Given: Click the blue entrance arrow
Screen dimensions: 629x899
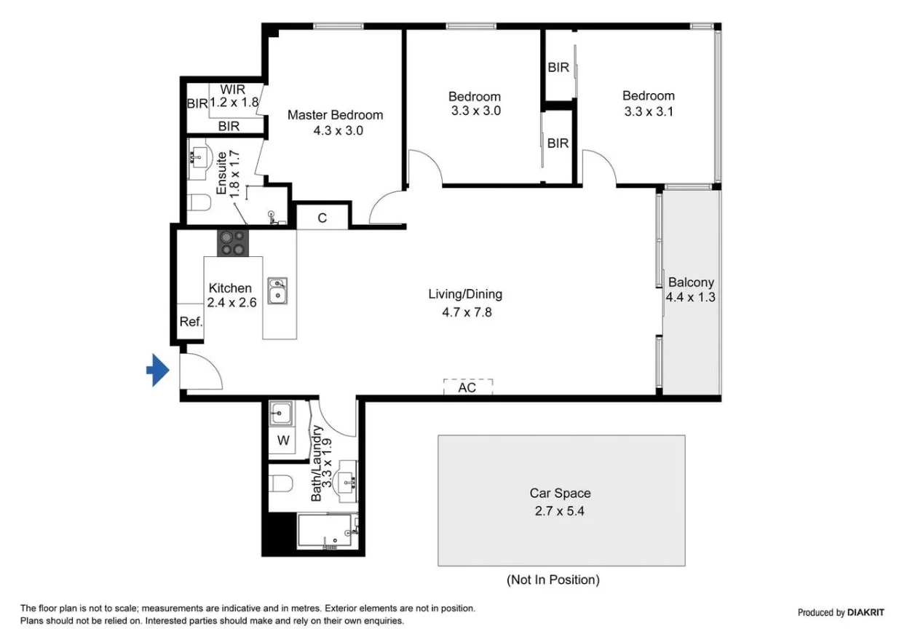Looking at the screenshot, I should (157, 371).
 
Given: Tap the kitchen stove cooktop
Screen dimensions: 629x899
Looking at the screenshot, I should (233, 242).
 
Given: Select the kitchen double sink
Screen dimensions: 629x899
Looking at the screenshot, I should (277, 290).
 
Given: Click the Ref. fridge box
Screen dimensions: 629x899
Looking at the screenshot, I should (190, 322).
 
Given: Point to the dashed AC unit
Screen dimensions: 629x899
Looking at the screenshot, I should (467, 387).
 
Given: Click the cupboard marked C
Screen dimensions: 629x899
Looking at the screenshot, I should (322, 218).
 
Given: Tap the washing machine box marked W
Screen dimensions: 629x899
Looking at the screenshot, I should (282, 440).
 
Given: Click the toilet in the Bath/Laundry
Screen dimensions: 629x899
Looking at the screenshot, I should (280, 483).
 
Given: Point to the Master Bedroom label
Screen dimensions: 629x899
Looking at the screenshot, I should (335, 115).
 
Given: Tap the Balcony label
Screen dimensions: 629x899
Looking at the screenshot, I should (691, 282).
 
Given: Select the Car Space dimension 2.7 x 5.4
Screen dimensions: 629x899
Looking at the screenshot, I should (560, 510).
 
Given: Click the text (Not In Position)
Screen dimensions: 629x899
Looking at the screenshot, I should (553, 579).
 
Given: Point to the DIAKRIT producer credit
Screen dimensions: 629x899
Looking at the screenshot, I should (841, 612).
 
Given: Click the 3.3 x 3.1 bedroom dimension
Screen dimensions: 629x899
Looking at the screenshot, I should (648, 111).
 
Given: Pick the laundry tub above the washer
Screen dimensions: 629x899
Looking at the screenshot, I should (280, 414).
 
